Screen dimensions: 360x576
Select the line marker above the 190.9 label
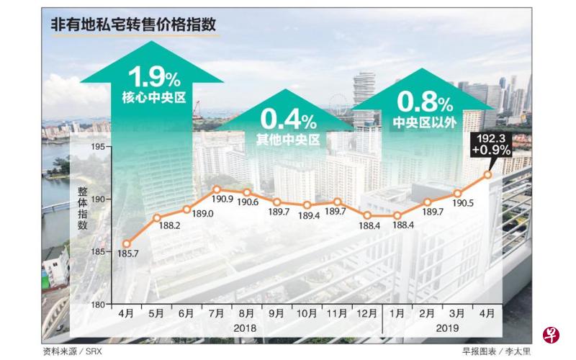(216, 189)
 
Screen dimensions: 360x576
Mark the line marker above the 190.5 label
(458, 193)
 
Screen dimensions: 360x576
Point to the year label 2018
(246, 328)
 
